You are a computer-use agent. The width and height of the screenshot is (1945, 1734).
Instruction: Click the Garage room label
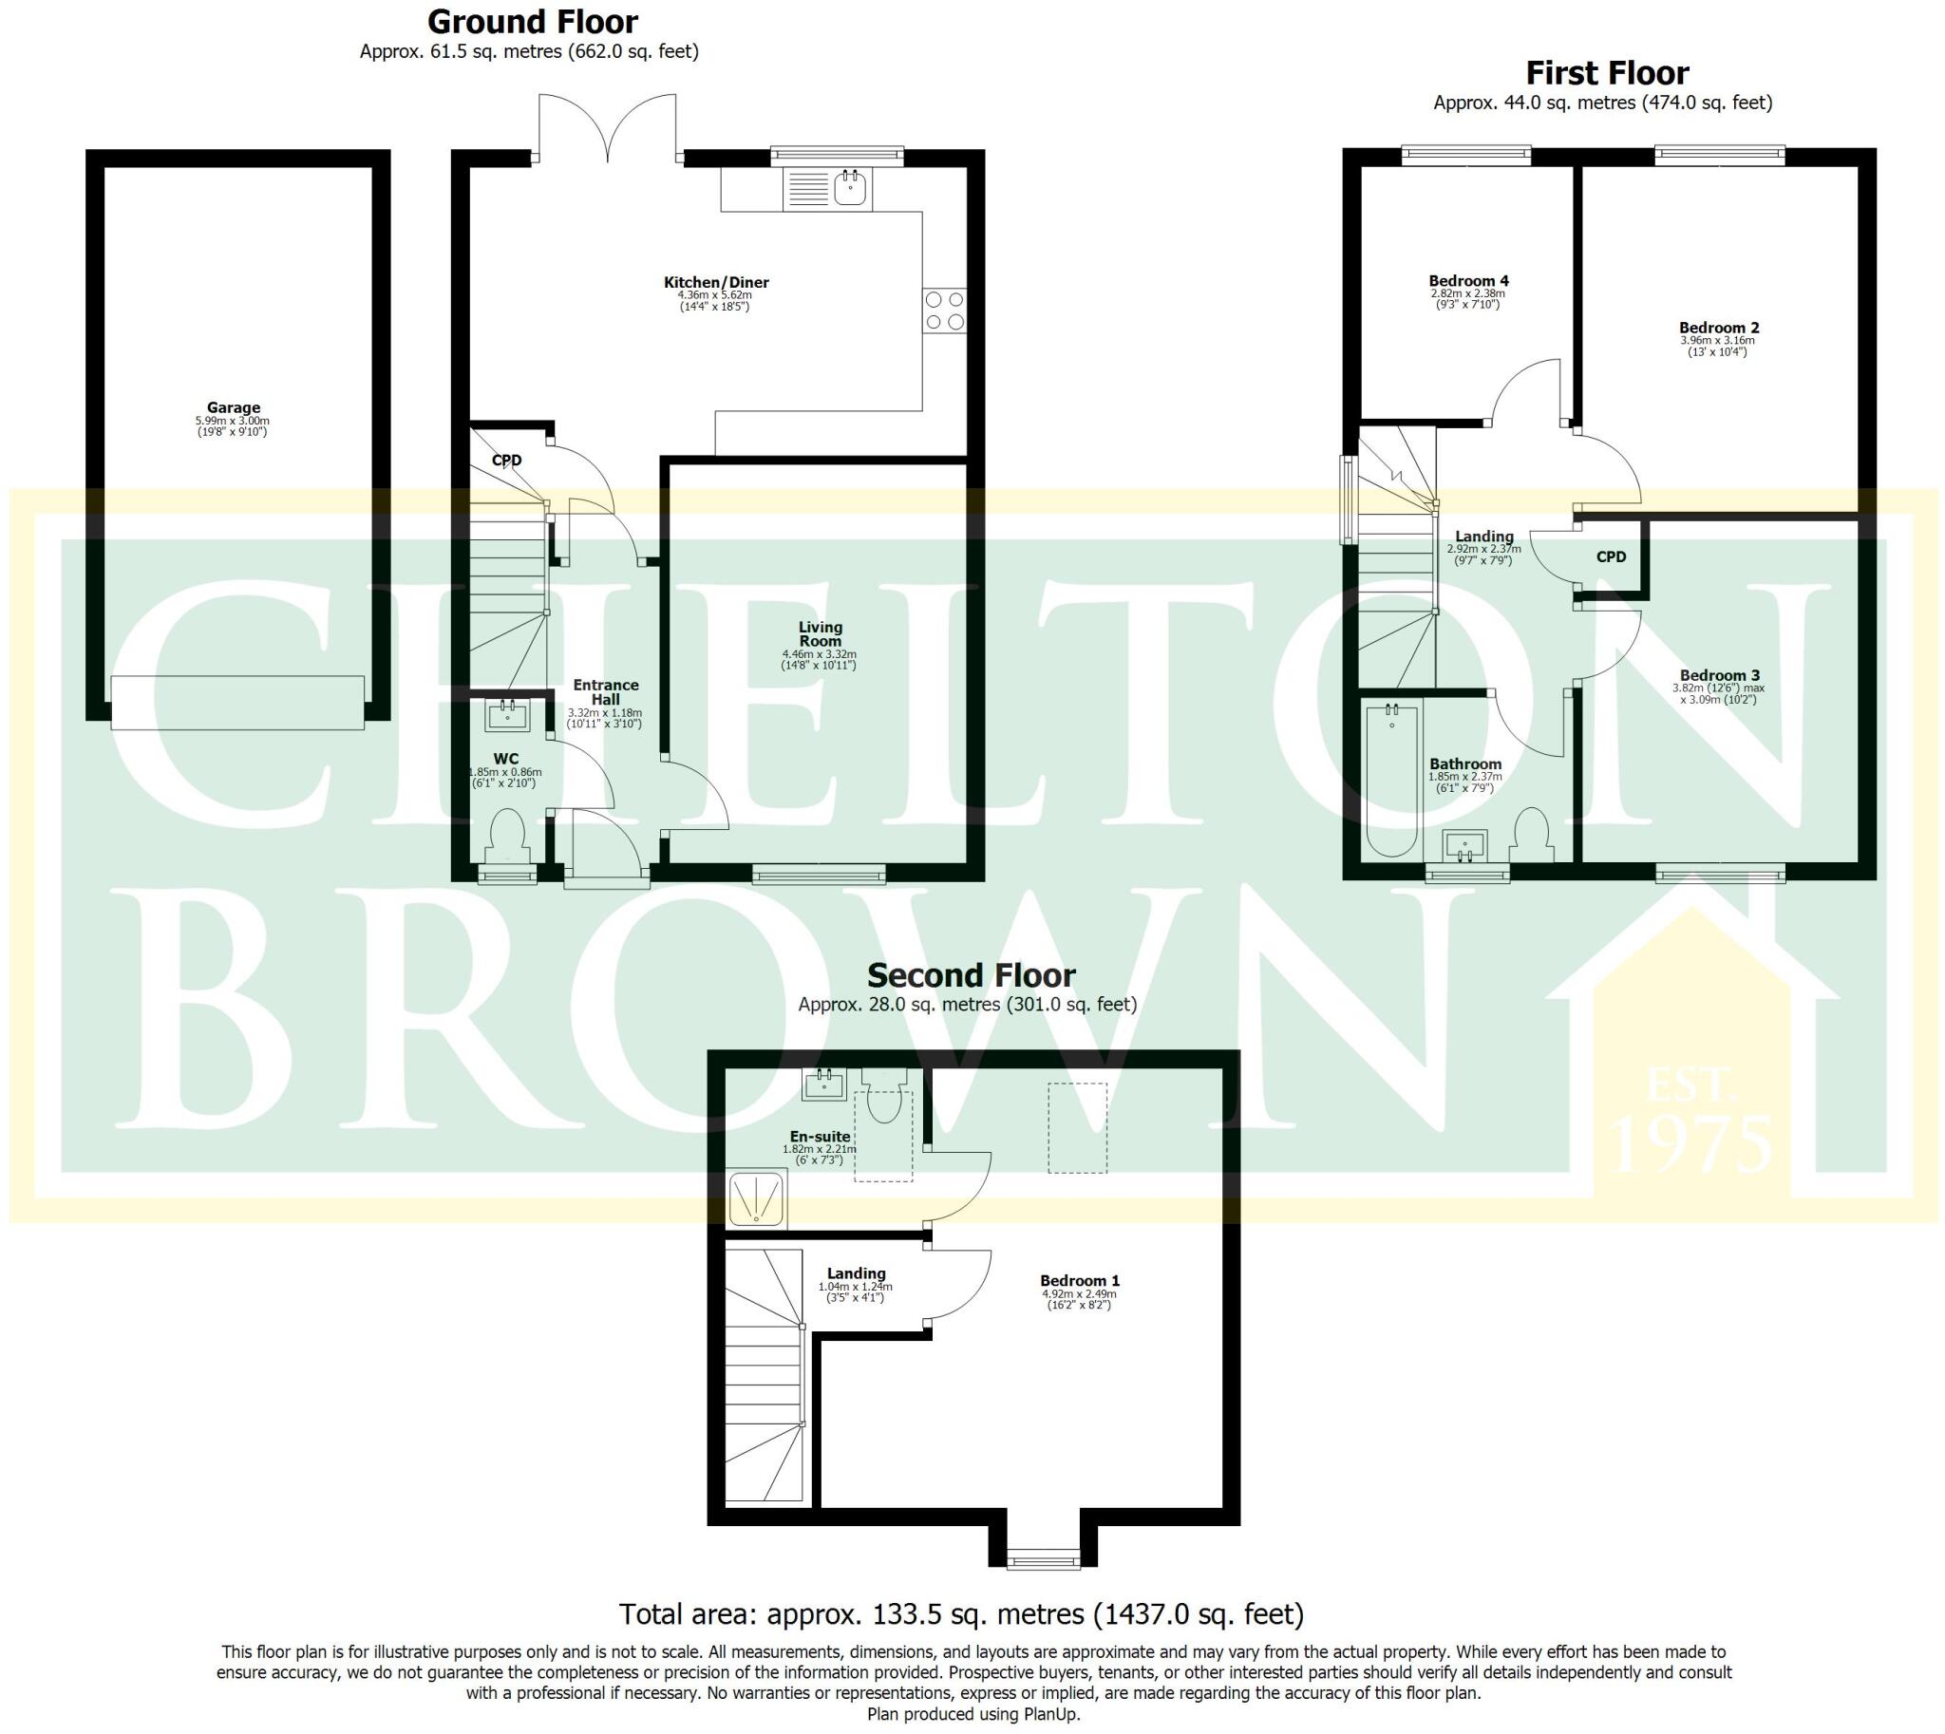234,407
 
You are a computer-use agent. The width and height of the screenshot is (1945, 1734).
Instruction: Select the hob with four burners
944,311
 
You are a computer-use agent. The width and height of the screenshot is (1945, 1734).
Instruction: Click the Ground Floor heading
533,22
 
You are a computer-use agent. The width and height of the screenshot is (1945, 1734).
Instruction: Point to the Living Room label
821,633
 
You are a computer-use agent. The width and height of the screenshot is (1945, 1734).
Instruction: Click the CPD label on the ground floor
506,461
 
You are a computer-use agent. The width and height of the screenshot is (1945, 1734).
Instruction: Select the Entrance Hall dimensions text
605,718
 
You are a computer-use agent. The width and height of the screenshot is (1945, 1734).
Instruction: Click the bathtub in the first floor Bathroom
1392,777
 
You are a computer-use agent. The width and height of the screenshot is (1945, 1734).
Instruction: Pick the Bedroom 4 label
1468,281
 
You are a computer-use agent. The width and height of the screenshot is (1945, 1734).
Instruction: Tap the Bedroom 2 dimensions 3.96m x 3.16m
1717,340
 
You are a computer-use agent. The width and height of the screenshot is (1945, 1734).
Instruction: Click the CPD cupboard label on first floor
1612,556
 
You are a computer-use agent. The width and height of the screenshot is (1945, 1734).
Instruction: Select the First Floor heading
1607,73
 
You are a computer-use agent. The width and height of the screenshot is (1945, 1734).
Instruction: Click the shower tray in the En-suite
757,1198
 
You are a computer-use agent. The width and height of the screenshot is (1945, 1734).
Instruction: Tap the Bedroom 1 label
1080,1280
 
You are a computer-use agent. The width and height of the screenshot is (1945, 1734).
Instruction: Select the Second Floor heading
970,975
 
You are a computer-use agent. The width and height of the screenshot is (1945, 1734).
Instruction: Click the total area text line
960,1614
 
